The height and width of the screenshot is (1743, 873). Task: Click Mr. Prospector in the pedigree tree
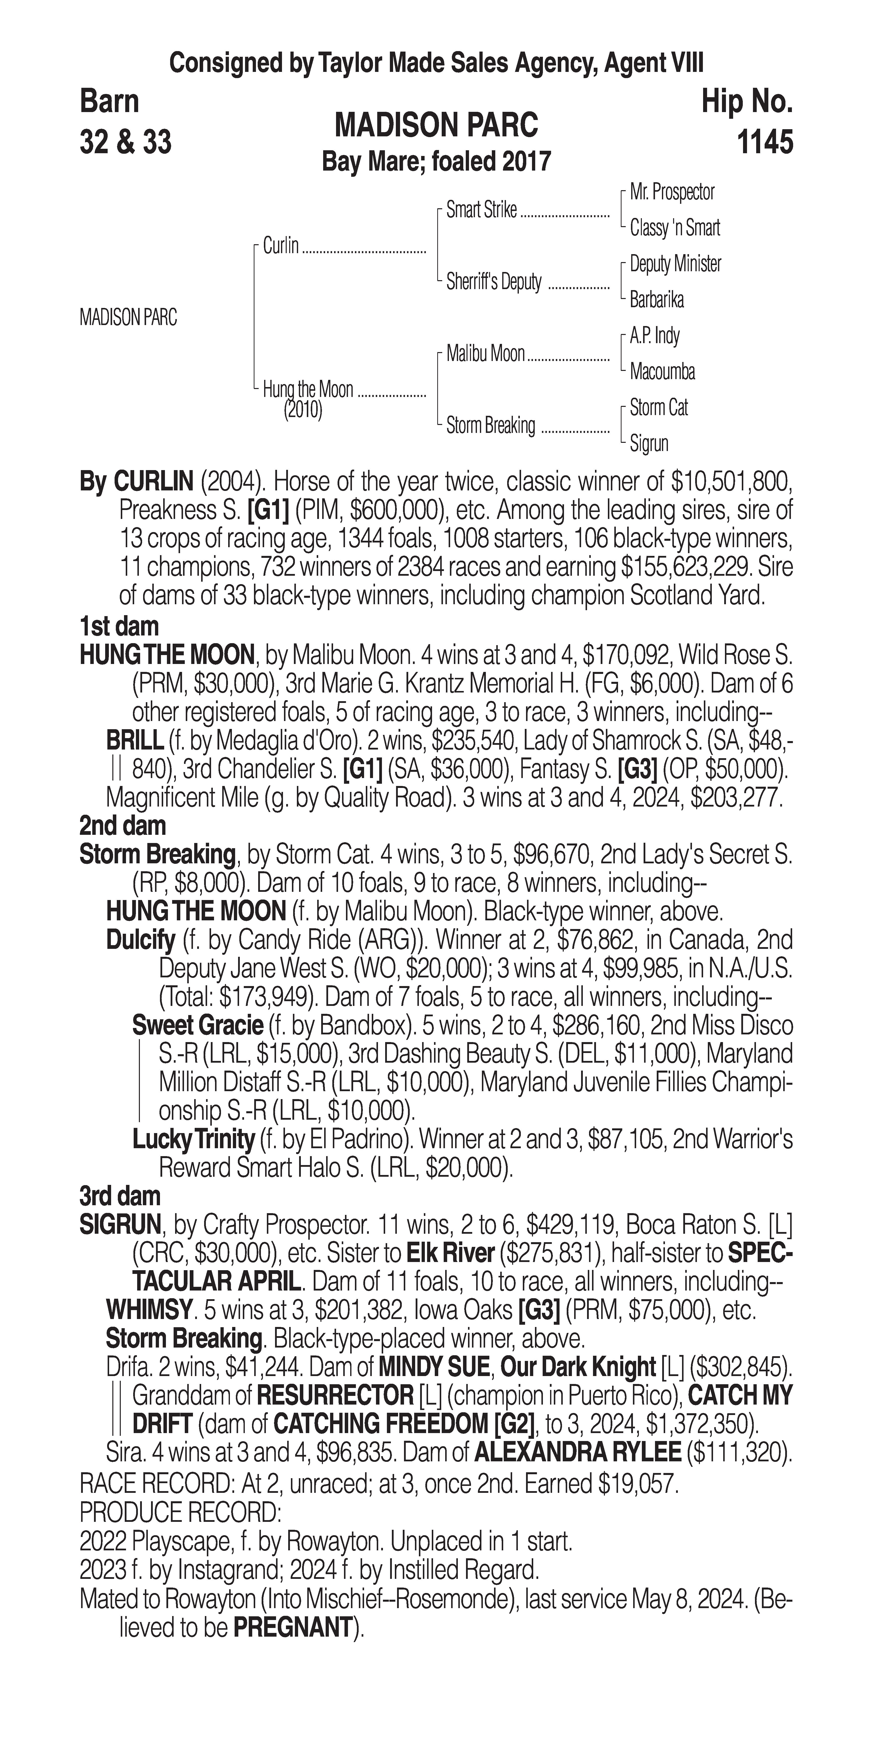(672, 192)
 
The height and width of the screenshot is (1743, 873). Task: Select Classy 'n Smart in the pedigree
(675, 228)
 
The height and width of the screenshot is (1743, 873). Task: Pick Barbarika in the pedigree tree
(656, 300)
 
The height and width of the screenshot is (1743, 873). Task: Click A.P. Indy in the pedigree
(655, 336)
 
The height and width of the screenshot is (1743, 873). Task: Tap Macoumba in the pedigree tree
(662, 371)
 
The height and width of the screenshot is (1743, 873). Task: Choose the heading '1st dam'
(119, 626)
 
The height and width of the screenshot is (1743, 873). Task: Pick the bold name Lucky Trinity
(193, 1140)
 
